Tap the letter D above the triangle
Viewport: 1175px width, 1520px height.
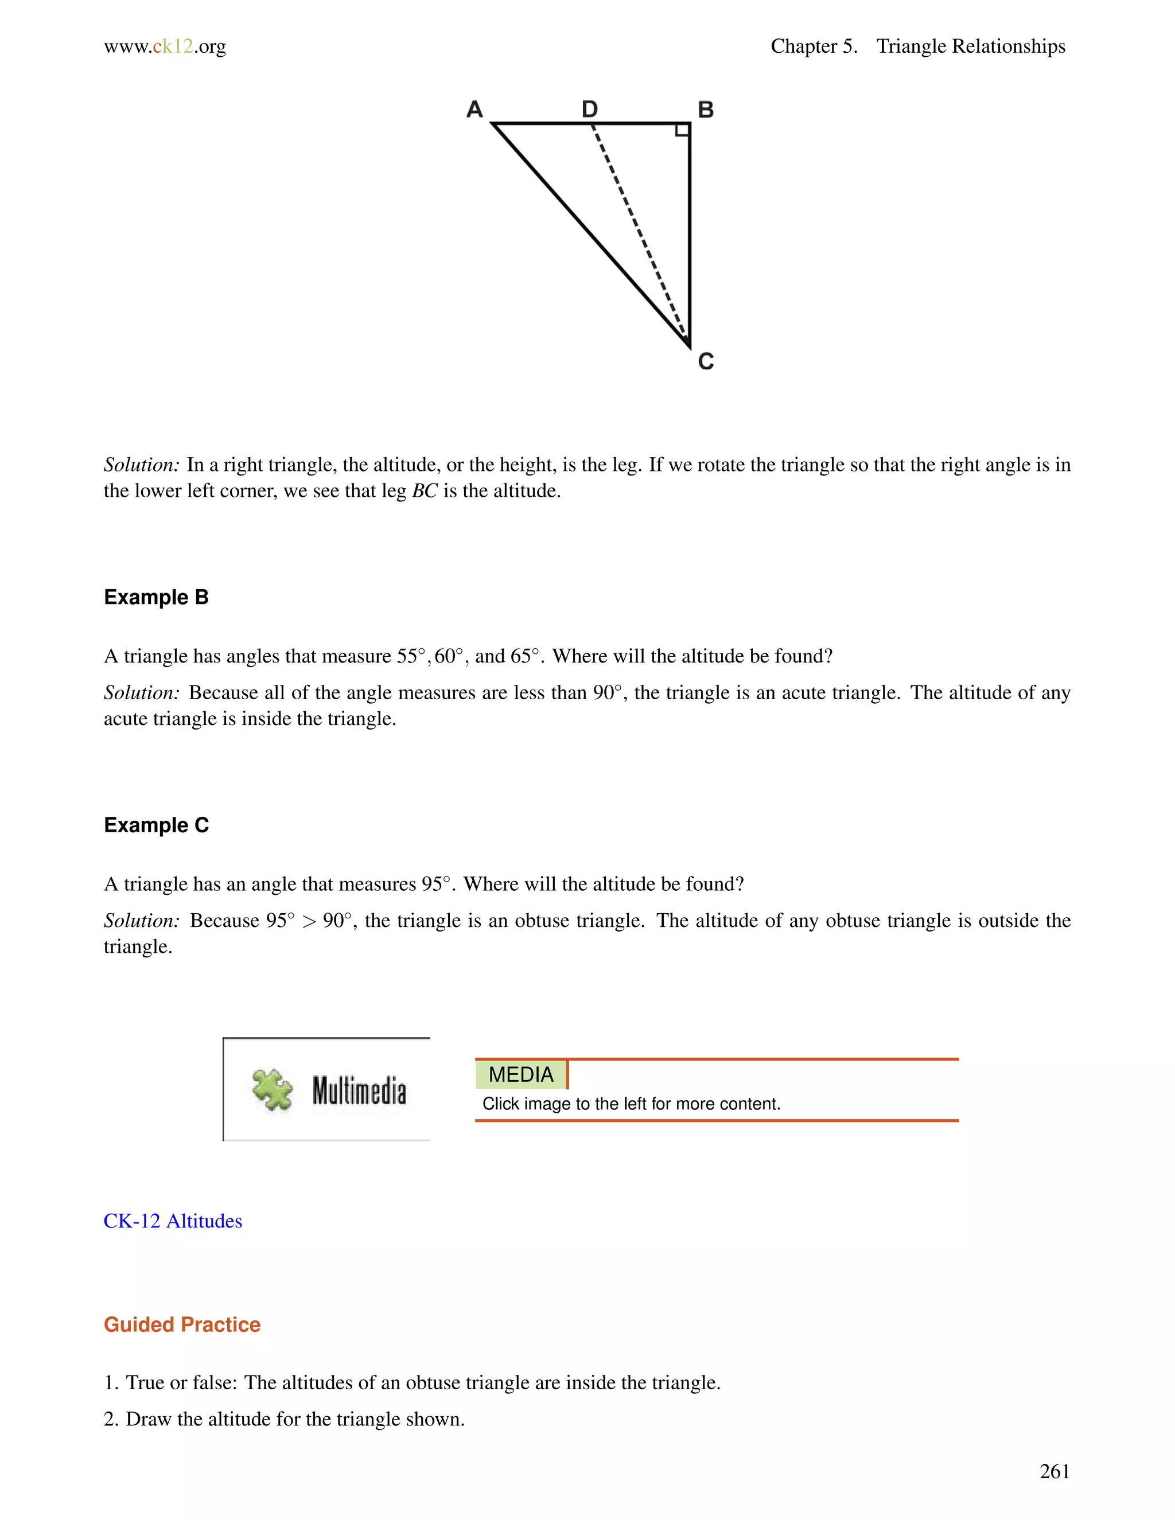[590, 109]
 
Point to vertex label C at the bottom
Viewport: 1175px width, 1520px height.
[706, 361]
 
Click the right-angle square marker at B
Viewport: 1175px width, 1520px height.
[683, 130]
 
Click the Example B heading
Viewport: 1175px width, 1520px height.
[156, 597]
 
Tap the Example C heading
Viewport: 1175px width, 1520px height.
[156, 825]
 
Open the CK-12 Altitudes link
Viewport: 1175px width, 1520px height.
[173, 1221]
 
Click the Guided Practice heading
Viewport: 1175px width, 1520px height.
[182, 1324]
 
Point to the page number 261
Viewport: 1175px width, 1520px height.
[1054, 1471]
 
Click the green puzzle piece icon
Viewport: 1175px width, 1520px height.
[272, 1089]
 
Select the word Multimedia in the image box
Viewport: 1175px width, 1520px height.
[359, 1090]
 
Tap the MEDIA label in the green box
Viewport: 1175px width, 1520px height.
[521, 1074]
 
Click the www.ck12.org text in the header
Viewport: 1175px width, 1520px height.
[165, 46]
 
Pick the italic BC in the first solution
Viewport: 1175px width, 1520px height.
[425, 492]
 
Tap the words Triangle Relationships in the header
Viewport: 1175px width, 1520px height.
[970, 46]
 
